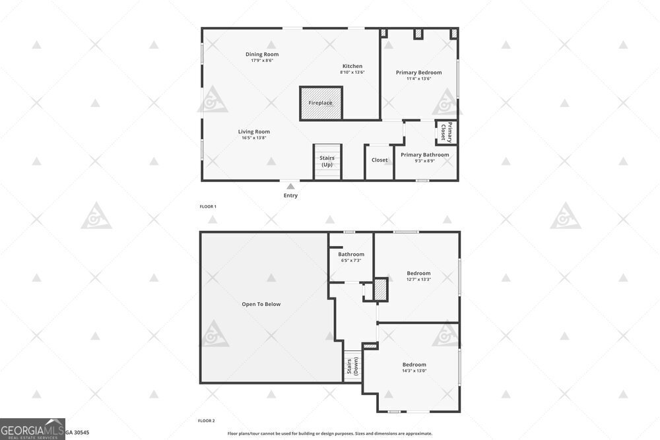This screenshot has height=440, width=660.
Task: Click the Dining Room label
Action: point(262,54)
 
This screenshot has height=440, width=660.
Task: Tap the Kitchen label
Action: point(352,66)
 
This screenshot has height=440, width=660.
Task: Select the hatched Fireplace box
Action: point(321,103)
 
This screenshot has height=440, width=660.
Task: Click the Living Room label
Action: point(254,132)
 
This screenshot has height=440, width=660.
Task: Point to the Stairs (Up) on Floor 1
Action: point(327,161)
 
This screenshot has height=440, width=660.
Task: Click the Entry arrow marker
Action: point(290,187)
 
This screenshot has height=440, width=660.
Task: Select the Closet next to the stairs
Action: point(379,160)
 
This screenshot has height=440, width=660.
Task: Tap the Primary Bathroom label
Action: point(425,155)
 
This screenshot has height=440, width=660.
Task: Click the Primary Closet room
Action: point(447,132)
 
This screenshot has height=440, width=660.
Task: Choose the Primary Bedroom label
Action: point(418,73)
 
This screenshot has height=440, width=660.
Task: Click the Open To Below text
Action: point(261,304)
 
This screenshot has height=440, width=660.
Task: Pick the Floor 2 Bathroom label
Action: point(351,255)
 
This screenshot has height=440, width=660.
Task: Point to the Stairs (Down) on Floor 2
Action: point(352,367)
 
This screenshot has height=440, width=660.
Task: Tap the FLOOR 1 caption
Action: point(208,206)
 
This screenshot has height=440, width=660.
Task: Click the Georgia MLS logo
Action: point(32,429)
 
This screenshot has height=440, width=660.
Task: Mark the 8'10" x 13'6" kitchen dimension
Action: point(352,73)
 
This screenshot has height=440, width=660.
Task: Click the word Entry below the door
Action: point(290,195)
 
